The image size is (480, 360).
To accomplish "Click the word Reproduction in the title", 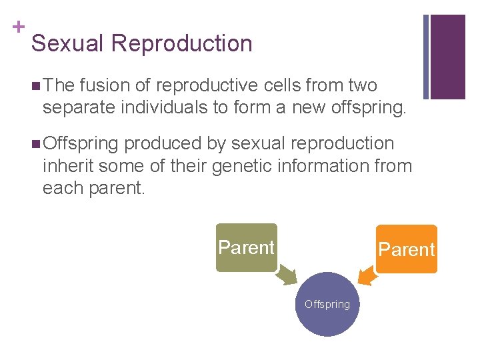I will (x=182, y=44).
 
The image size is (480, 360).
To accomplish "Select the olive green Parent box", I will (x=246, y=247).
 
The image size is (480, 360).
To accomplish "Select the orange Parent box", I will (x=406, y=249).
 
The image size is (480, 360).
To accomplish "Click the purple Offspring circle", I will (x=327, y=304).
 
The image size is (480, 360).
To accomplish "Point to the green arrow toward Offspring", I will (x=289, y=274).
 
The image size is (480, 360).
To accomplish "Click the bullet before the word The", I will (x=35, y=86).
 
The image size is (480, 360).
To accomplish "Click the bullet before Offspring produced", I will (x=35, y=144).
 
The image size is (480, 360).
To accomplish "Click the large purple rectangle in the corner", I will (x=448, y=57).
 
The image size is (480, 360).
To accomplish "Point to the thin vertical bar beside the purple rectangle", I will (x=426, y=57).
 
